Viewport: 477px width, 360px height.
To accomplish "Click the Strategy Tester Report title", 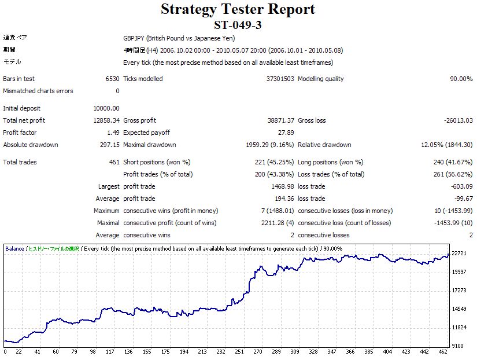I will [x=238, y=9].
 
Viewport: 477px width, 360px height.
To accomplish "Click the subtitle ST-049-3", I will [x=238, y=25].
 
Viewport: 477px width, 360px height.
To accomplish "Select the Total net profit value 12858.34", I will [x=106, y=120].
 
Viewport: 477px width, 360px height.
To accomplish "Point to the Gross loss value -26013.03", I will [x=456, y=120].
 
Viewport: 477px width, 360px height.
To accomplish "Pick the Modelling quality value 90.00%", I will [x=461, y=79].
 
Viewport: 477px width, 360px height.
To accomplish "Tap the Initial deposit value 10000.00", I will [x=106, y=108].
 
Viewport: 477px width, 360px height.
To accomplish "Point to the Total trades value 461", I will [x=114, y=162].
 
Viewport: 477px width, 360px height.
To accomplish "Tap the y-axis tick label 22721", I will [x=458, y=254].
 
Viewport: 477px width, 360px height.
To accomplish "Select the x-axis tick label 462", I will [x=443, y=352].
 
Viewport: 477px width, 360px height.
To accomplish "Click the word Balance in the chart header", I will [x=15, y=249].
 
